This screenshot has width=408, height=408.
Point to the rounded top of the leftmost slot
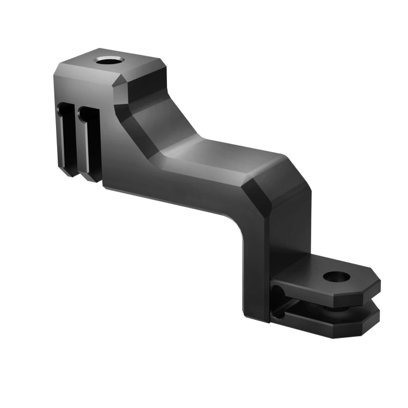65,109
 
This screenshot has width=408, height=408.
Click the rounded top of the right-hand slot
85,111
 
